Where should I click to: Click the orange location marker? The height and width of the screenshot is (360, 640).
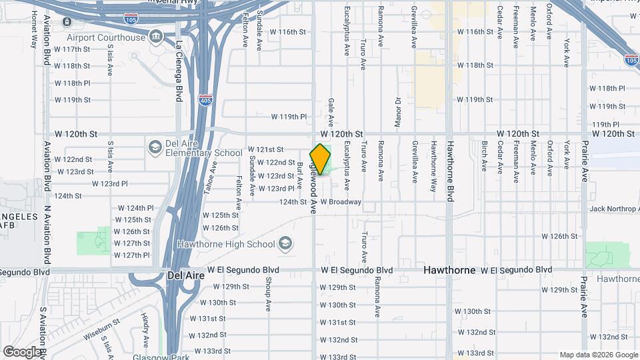click(x=321, y=159)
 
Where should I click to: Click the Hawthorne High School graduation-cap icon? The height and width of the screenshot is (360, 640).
click(x=286, y=243)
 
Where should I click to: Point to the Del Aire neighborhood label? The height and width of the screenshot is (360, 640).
click(x=184, y=274)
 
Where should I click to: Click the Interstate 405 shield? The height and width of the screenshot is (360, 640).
click(x=207, y=101)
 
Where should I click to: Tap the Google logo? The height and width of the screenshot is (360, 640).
click(x=21, y=351)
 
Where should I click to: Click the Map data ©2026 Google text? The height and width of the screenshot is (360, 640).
click(x=597, y=355)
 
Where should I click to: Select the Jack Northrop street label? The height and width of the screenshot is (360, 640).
click(x=614, y=209)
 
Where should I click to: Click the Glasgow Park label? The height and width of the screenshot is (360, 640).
click(x=149, y=357)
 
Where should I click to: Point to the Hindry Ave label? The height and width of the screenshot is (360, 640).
click(x=145, y=325)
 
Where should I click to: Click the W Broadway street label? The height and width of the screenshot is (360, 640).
click(x=341, y=201)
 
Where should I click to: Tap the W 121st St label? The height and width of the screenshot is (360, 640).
click(x=266, y=149)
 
